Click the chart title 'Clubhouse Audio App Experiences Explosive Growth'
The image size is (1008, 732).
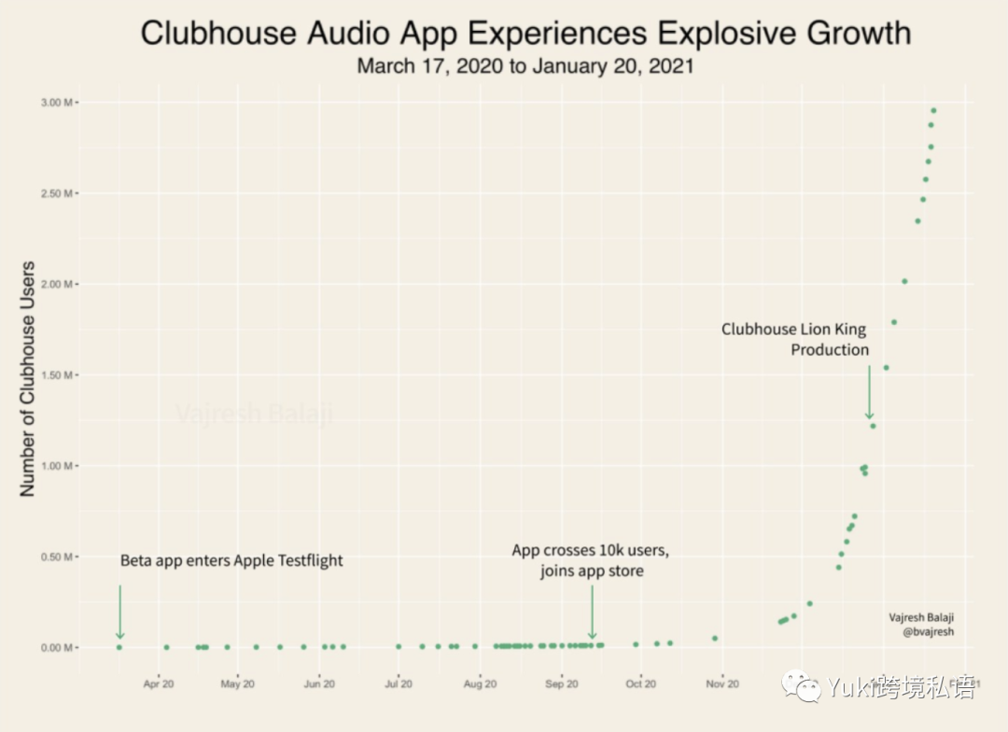(x=525, y=34)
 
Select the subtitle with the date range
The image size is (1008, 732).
(x=525, y=67)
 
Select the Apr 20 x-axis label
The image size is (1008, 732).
(x=159, y=684)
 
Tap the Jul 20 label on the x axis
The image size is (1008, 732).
(x=399, y=684)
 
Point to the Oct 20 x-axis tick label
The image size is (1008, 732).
(x=640, y=684)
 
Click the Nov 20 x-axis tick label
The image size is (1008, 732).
(x=722, y=684)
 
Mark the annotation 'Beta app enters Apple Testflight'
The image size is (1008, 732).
(x=231, y=561)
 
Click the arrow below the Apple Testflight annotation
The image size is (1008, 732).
(x=119, y=612)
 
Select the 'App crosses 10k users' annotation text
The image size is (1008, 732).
(x=591, y=551)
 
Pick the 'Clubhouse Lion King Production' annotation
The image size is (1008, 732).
(x=795, y=340)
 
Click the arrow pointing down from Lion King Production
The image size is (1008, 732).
(x=869, y=392)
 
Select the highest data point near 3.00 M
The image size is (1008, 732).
(x=932, y=111)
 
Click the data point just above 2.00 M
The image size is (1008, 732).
(x=903, y=281)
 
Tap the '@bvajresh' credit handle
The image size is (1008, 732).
(x=928, y=632)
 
